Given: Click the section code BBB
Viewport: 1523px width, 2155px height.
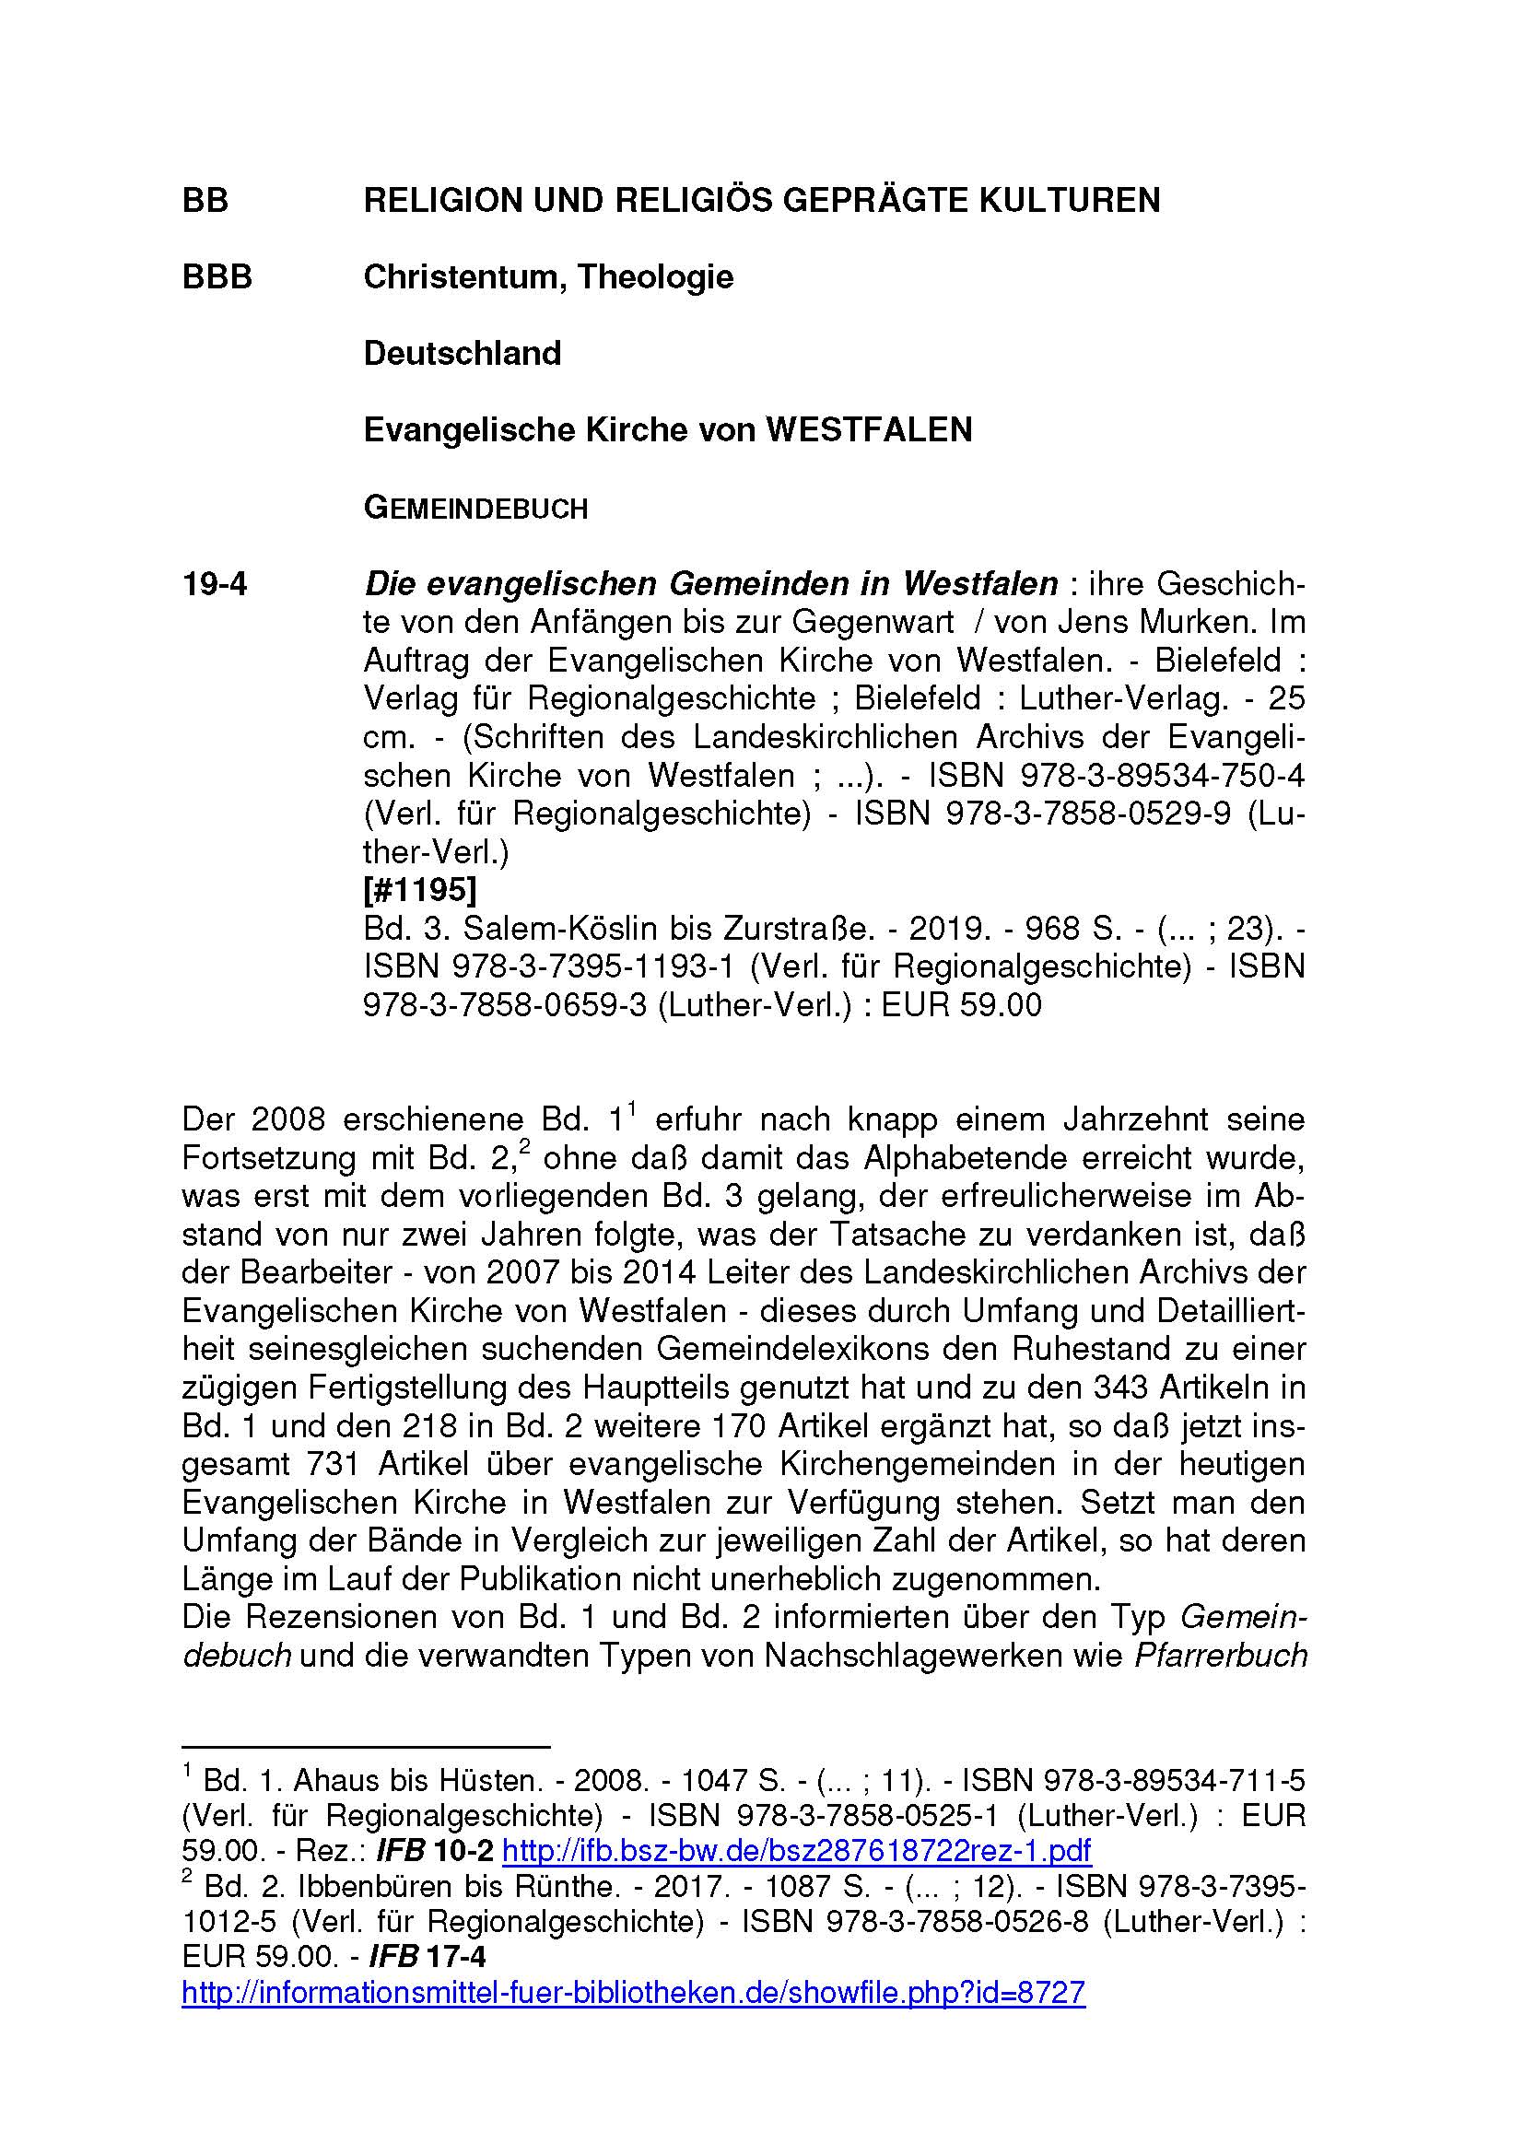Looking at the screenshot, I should (217, 277).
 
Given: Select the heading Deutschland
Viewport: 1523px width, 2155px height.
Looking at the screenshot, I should (462, 354).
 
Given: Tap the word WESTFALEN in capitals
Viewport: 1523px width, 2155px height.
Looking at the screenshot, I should (869, 430).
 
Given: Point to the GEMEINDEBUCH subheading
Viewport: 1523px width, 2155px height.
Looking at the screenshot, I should (474, 509).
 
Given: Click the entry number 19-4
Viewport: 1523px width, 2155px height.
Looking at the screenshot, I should (215, 584).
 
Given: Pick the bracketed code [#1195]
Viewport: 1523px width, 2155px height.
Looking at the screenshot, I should (419, 889).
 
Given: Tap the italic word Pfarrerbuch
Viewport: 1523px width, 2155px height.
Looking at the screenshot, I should (1220, 1656).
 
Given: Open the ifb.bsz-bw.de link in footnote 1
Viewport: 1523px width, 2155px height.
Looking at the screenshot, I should (797, 1851).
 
